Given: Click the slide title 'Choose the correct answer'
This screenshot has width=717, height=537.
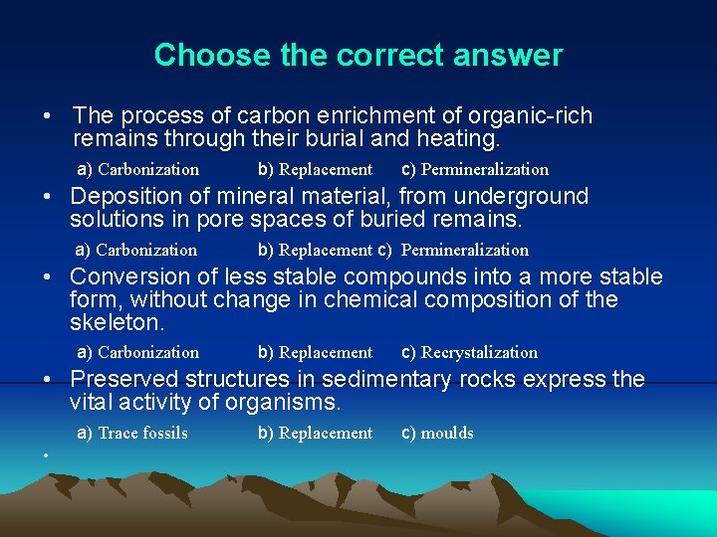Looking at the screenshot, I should click(358, 55).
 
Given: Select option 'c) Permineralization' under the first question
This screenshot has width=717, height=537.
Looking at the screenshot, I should click(474, 169).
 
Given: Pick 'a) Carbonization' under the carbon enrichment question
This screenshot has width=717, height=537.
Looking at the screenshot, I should click(138, 169).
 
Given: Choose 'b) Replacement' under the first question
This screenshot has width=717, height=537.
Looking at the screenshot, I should click(315, 169).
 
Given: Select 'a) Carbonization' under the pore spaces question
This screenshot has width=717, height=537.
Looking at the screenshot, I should click(137, 250).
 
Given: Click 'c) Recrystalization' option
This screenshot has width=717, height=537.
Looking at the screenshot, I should click(469, 352).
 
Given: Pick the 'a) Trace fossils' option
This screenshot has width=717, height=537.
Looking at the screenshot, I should click(132, 433).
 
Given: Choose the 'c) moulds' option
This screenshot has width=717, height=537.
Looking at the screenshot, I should click(437, 433).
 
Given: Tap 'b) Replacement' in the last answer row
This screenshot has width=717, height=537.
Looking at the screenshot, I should click(315, 433).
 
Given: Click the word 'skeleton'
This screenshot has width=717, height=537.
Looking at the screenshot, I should click(115, 323).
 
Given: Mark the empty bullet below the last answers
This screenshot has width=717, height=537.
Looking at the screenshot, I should click(47, 455).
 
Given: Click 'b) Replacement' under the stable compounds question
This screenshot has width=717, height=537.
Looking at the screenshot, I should click(315, 352).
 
